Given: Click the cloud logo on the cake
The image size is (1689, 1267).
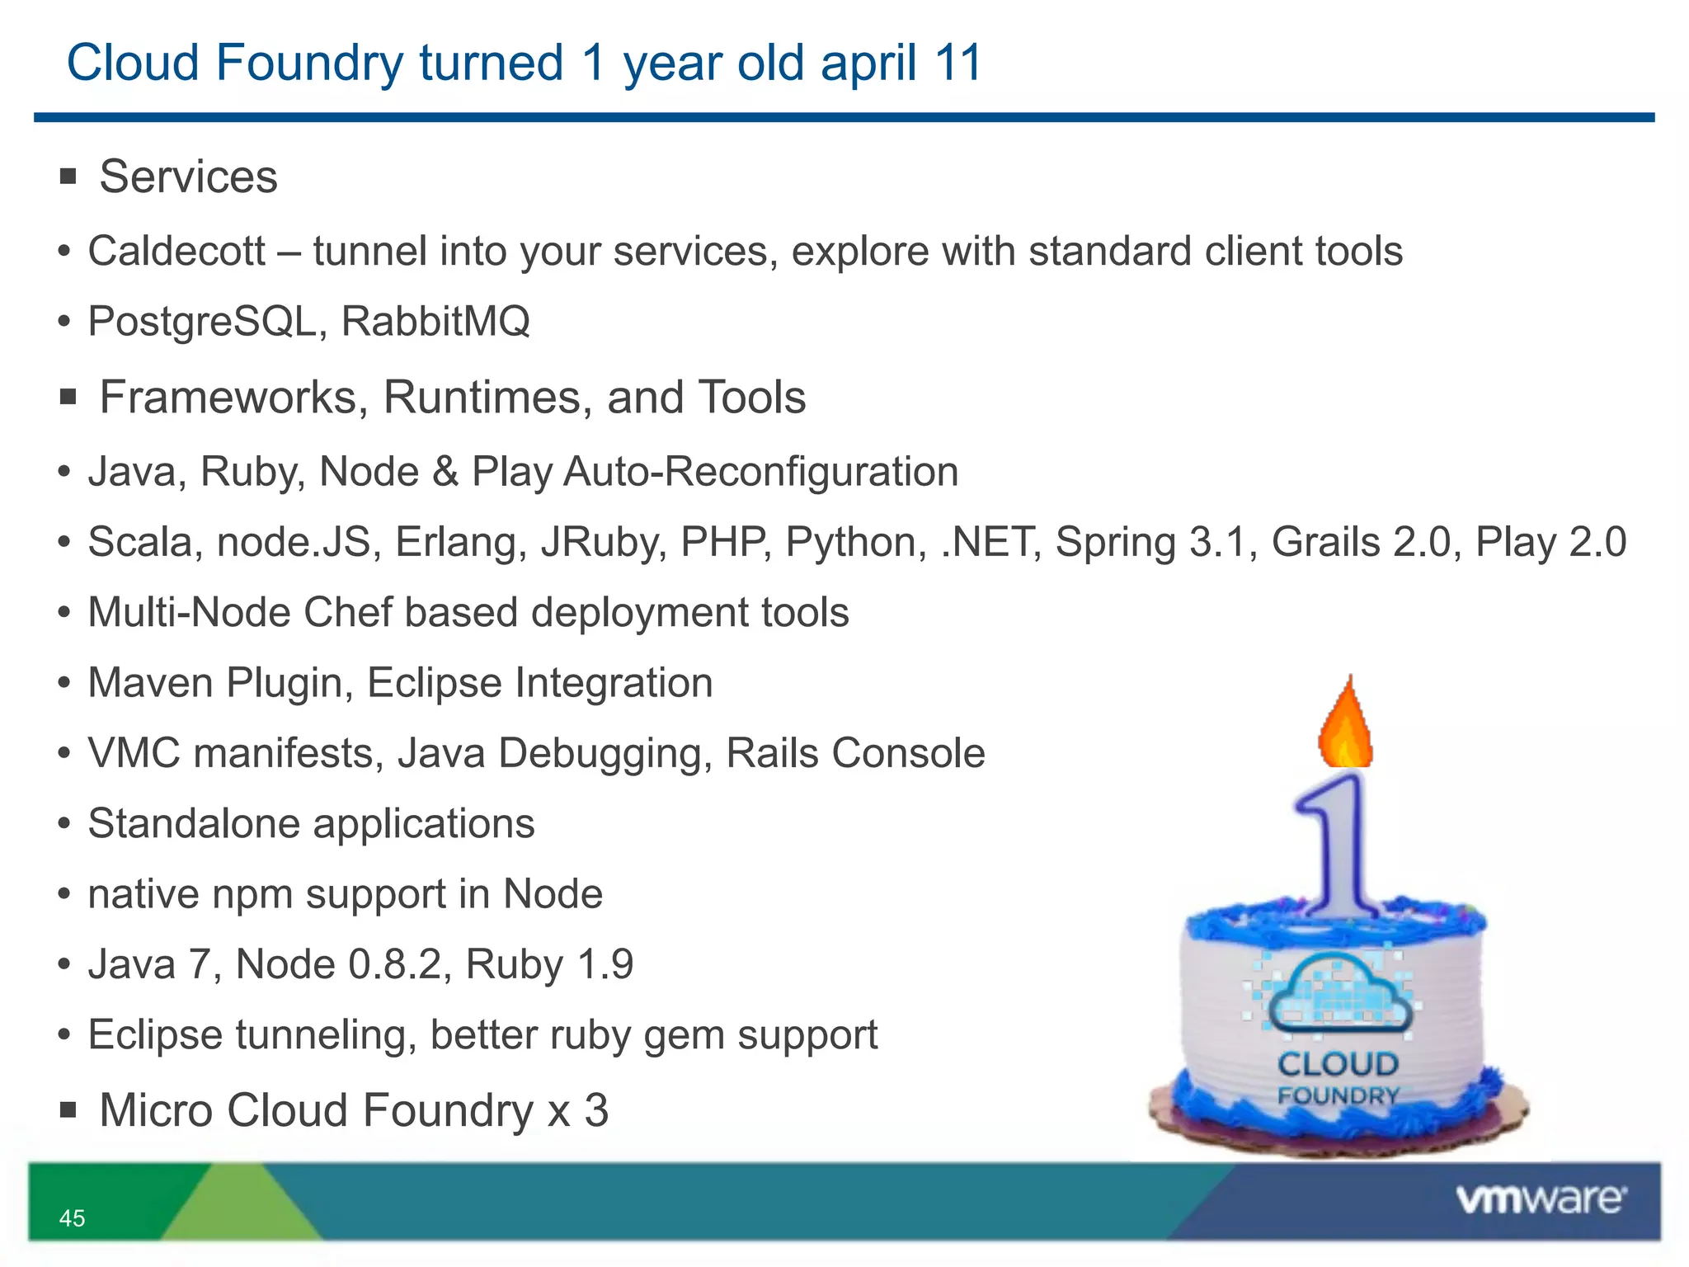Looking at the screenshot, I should [1337, 994].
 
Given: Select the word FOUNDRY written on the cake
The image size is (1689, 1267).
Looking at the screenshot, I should [1338, 1096].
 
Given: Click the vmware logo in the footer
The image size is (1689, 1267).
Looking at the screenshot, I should [1541, 1199].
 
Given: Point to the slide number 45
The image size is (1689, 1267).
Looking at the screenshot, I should [72, 1218].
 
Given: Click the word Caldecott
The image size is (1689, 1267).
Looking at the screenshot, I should [176, 251].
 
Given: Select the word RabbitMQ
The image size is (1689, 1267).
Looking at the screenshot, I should [435, 321].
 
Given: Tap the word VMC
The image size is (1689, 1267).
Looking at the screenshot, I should [134, 753].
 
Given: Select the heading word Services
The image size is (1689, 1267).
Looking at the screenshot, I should [188, 177].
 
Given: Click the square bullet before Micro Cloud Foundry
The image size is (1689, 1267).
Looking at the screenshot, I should [68, 1110].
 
